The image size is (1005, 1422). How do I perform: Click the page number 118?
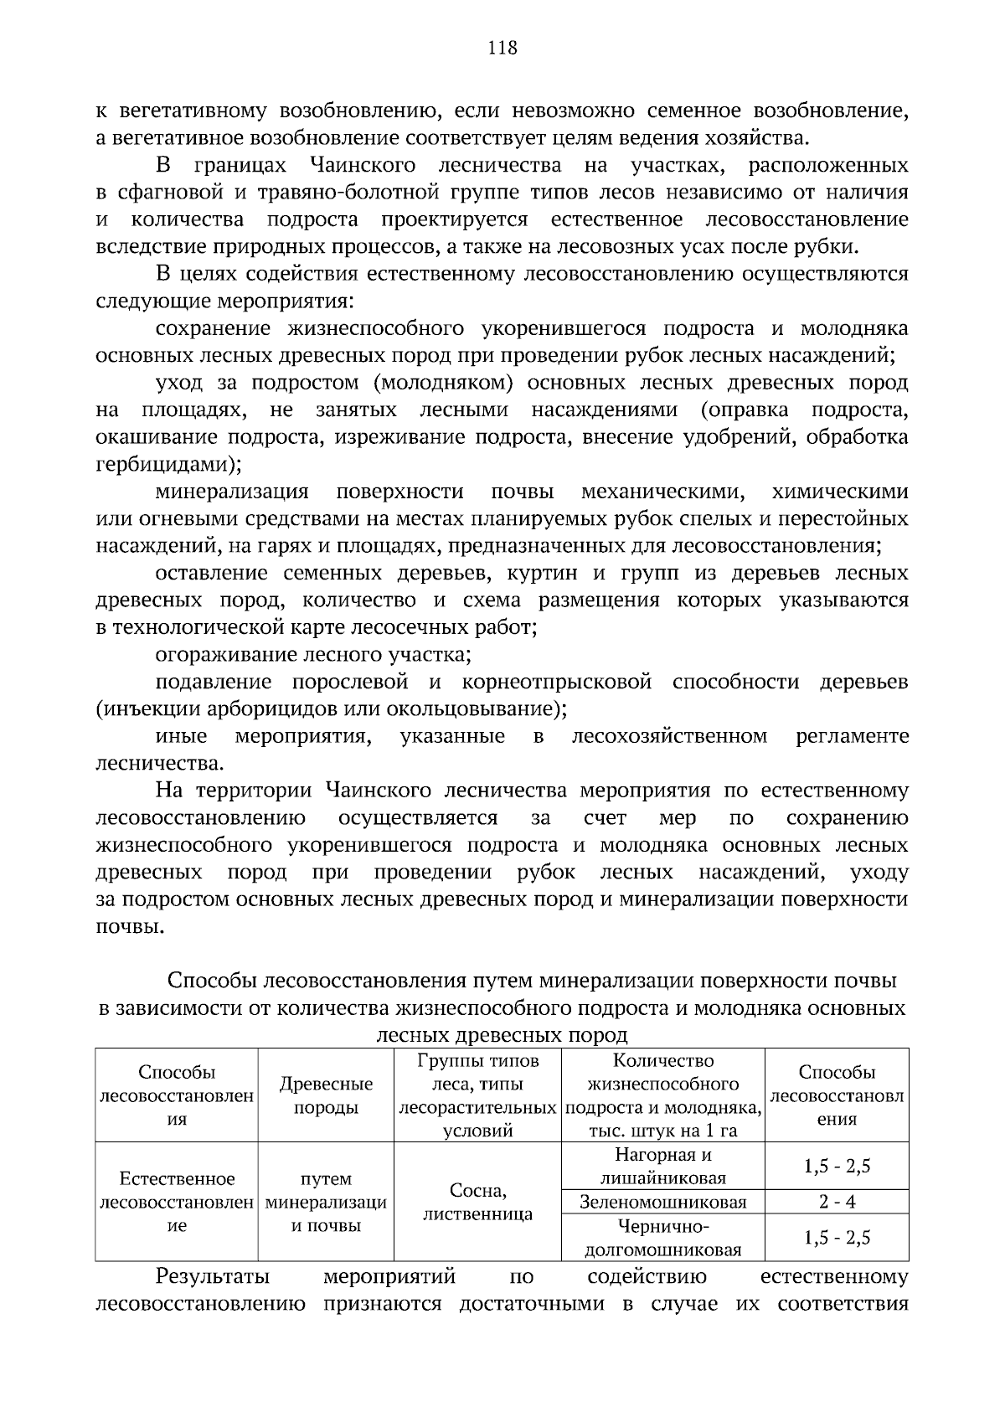(x=502, y=48)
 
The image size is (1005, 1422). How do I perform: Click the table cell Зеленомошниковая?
(x=662, y=1203)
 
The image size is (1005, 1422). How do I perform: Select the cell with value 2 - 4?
(x=837, y=1203)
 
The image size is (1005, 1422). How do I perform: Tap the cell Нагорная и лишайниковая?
(x=662, y=1167)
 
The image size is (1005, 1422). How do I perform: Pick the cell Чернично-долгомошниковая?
(x=662, y=1239)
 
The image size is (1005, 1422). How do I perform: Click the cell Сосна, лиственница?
(x=477, y=1203)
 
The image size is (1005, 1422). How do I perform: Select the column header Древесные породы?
(x=326, y=1095)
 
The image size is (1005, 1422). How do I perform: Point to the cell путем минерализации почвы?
(x=326, y=1203)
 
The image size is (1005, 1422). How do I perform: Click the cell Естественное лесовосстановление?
(x=177, y=1203)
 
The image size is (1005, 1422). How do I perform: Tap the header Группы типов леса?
(x=477, y=1095)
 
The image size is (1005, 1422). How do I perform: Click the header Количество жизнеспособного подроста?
(x=662, y=1095)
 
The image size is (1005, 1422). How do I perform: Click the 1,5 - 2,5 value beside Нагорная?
(x=837, y=1167)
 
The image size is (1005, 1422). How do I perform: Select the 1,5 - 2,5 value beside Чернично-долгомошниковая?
(x=837, y=1239)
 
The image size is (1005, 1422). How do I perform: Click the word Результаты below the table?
(x=212, y=1277)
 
